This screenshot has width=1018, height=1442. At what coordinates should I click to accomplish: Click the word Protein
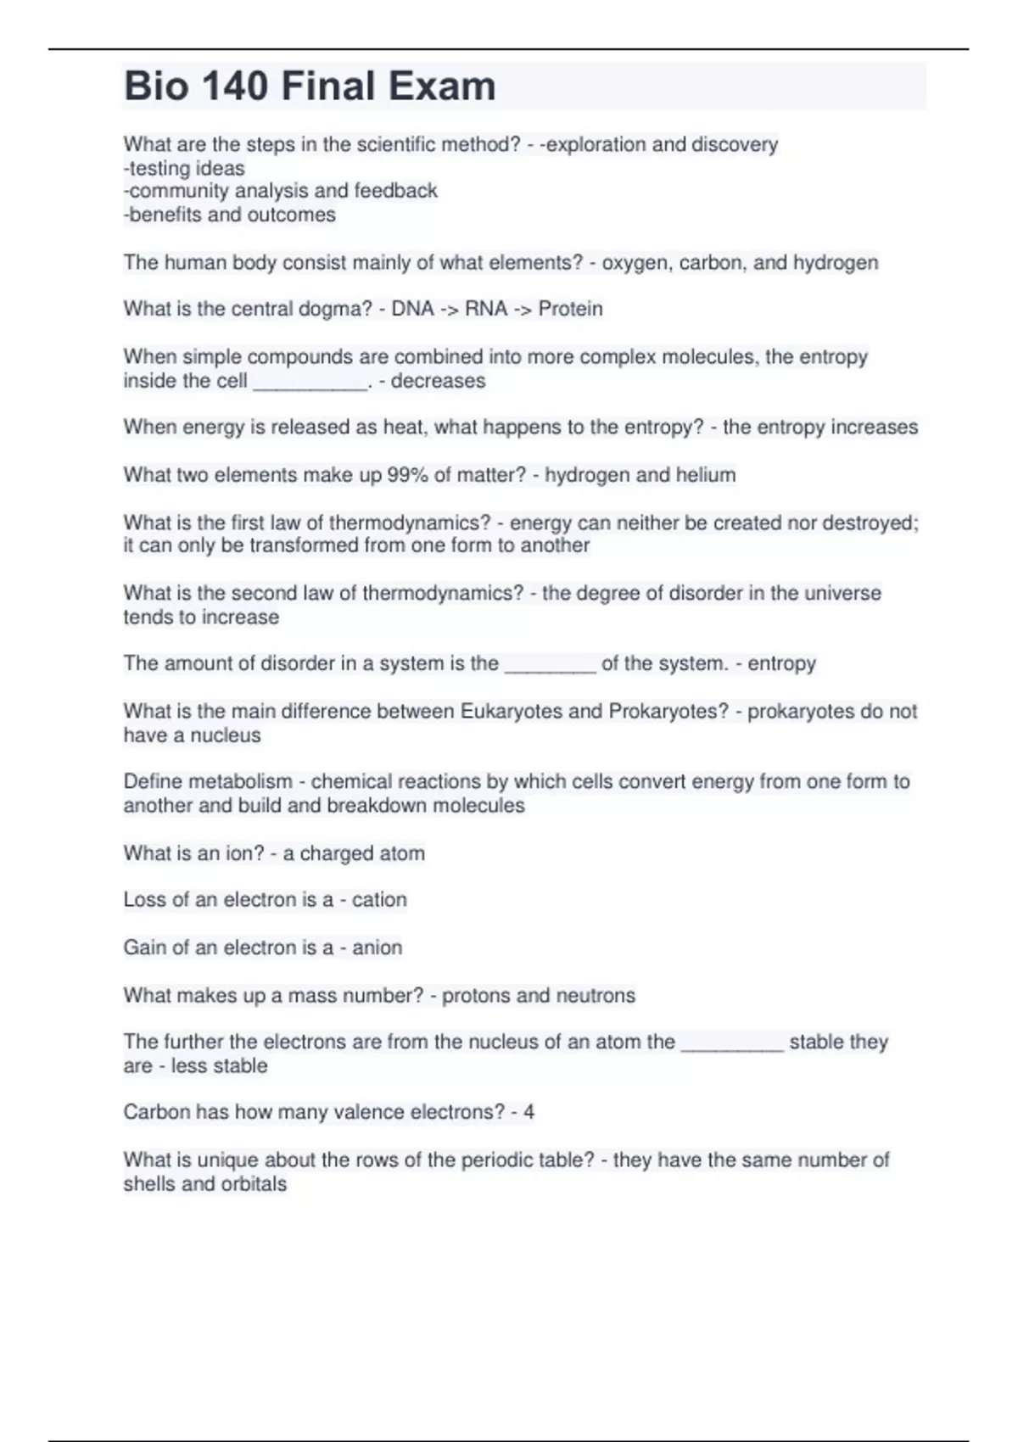(570, 309)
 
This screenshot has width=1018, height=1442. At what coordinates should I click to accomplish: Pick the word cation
(379, 900)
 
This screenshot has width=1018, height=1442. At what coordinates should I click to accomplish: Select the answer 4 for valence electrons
(529, 1112)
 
